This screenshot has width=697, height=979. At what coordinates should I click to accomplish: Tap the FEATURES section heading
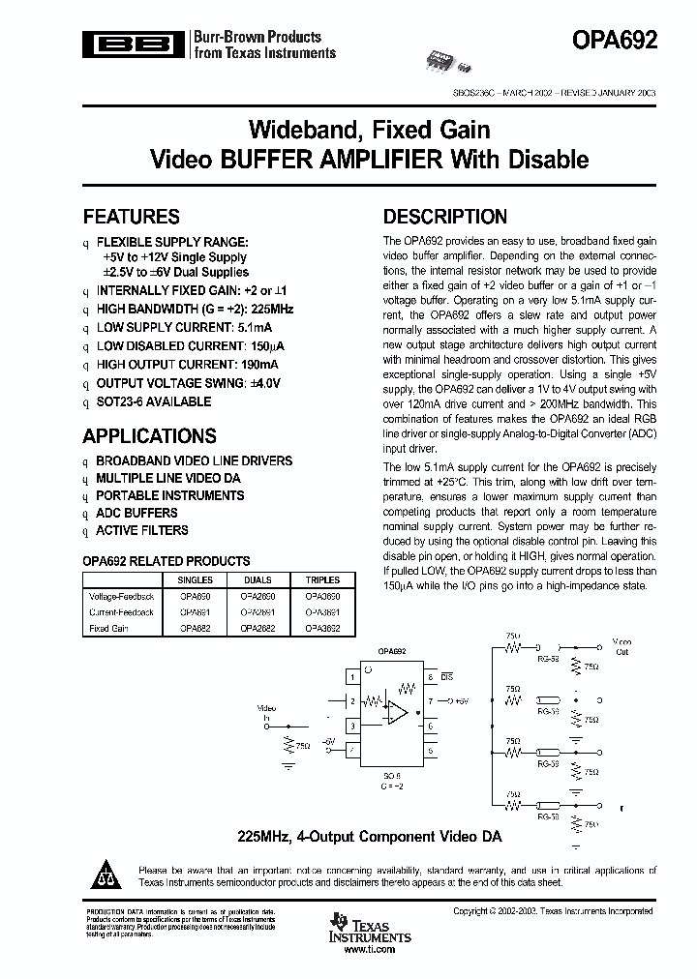pos(131,217)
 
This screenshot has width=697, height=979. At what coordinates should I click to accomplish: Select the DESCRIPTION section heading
pos(444,217)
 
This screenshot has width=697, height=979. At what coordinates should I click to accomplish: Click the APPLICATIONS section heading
pos(149,435)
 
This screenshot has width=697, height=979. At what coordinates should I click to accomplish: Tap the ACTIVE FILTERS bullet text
pos(141,530)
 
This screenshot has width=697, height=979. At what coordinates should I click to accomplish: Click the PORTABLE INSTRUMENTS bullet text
pos(169,495)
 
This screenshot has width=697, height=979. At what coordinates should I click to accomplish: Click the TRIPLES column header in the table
pos(321,579)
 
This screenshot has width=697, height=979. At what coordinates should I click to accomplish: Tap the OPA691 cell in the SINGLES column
pos(196,612)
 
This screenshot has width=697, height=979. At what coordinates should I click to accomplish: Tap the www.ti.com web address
pos(370,949)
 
